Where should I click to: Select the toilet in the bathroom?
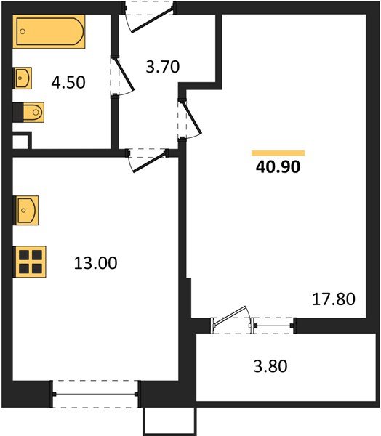(30, 113)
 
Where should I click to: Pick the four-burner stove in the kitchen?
(30, 261)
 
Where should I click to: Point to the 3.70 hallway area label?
(163, 68)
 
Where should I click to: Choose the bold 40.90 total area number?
(278, 166)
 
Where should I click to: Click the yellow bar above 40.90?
(278, 153)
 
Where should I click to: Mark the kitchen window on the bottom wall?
(96, 395)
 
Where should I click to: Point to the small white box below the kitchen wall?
(169, 421)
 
